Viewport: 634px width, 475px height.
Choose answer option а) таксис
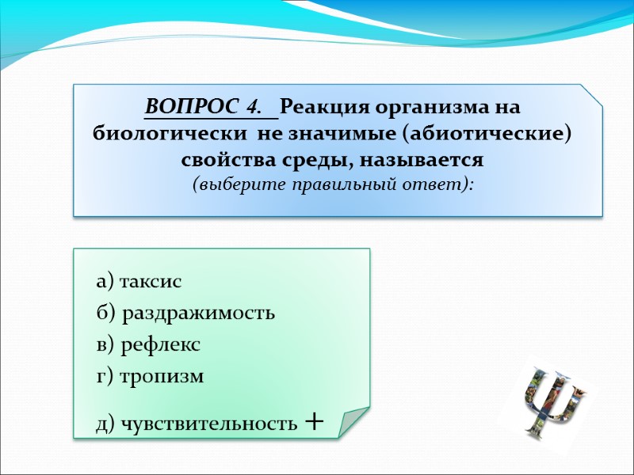click(139, 282)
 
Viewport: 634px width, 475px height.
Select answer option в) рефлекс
click(148, 345)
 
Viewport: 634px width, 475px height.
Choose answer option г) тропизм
click(150, 377)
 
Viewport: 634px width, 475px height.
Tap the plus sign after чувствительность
click(314, 421)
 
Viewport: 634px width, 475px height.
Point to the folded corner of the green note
click(352, 421)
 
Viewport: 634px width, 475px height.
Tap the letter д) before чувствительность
click(106, 424)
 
